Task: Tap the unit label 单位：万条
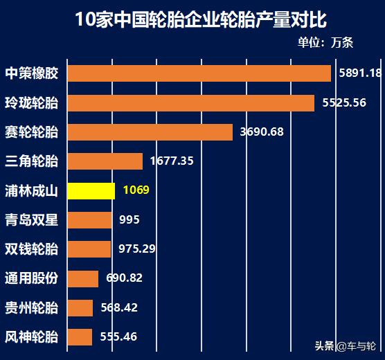click(x=325, y=42)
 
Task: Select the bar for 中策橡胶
click(x=199, y=73)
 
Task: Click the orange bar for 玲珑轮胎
click(x=191, y=103)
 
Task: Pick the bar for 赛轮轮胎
click(x=150, y=132)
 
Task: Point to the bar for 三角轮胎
click(x=105, y=161)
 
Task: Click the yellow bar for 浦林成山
click(x=91, y=190)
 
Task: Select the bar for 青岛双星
click(x=90, y=220)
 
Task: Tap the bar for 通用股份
click(x=83, y=278)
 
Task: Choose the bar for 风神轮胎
click(x=80, y=337)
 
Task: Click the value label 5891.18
click(x=360, y=73)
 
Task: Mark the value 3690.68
click(x=262, y=132)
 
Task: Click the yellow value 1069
click(x=136, y=190)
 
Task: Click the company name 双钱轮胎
click(x=32, y=249)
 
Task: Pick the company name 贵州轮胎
click(x=32, y=308)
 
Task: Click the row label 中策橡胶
click(x=32, y=73)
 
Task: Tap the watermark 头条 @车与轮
click(x=345, y=345)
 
